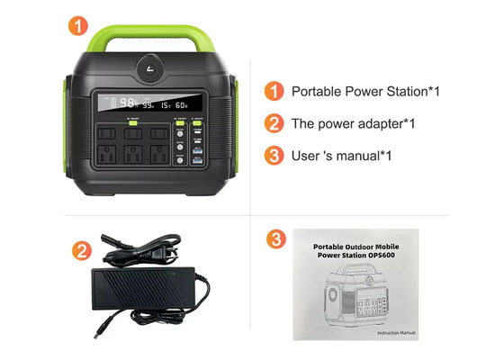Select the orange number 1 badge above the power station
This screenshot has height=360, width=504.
coord(82,26)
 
